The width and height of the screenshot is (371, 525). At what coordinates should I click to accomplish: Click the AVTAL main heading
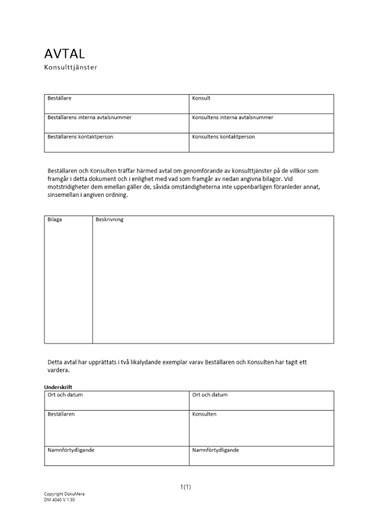coord(65,54)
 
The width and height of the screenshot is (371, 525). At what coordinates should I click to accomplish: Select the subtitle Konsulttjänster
coord(71,67)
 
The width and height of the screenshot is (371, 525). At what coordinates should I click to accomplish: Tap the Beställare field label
coord(59,98)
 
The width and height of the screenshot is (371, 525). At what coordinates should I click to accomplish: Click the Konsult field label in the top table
coord(201,98)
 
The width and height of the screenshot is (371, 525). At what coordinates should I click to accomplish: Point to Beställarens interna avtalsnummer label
coord(89,118)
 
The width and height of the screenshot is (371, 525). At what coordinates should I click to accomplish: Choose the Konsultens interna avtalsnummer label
coord(232,118)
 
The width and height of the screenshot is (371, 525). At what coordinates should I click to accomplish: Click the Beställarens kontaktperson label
coord(80,136)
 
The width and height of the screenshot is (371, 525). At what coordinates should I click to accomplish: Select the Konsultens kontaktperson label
coord(224,136)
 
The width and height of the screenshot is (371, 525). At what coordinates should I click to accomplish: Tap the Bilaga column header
coord(55,219)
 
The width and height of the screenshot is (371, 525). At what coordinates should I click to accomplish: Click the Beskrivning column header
coord(110,219)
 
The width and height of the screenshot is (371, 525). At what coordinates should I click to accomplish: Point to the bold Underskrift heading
coord(58,387)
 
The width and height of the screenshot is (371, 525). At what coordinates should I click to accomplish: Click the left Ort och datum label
coord(65,395)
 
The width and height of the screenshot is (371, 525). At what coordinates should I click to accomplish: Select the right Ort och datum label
coord(210,395)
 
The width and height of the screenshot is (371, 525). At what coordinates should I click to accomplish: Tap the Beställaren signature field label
coord(61,414)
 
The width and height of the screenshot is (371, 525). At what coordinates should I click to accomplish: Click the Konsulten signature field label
coord(204,414)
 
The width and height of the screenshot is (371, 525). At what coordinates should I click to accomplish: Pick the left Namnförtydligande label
coord(71,450)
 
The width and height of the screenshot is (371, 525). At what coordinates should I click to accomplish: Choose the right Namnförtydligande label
coord(216,450)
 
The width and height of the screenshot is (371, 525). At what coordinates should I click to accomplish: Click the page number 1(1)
coord(185,487)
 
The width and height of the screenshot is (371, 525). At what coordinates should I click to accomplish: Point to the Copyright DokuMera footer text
coord(64,494)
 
